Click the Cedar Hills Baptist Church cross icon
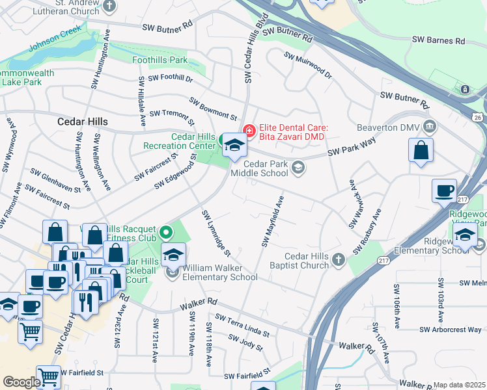338,260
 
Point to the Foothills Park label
160,60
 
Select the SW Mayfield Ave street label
273,222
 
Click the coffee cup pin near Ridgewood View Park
445,190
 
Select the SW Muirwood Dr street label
307,66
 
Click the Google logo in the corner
21,382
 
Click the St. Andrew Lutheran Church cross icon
109,6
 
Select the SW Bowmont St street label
213,109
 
